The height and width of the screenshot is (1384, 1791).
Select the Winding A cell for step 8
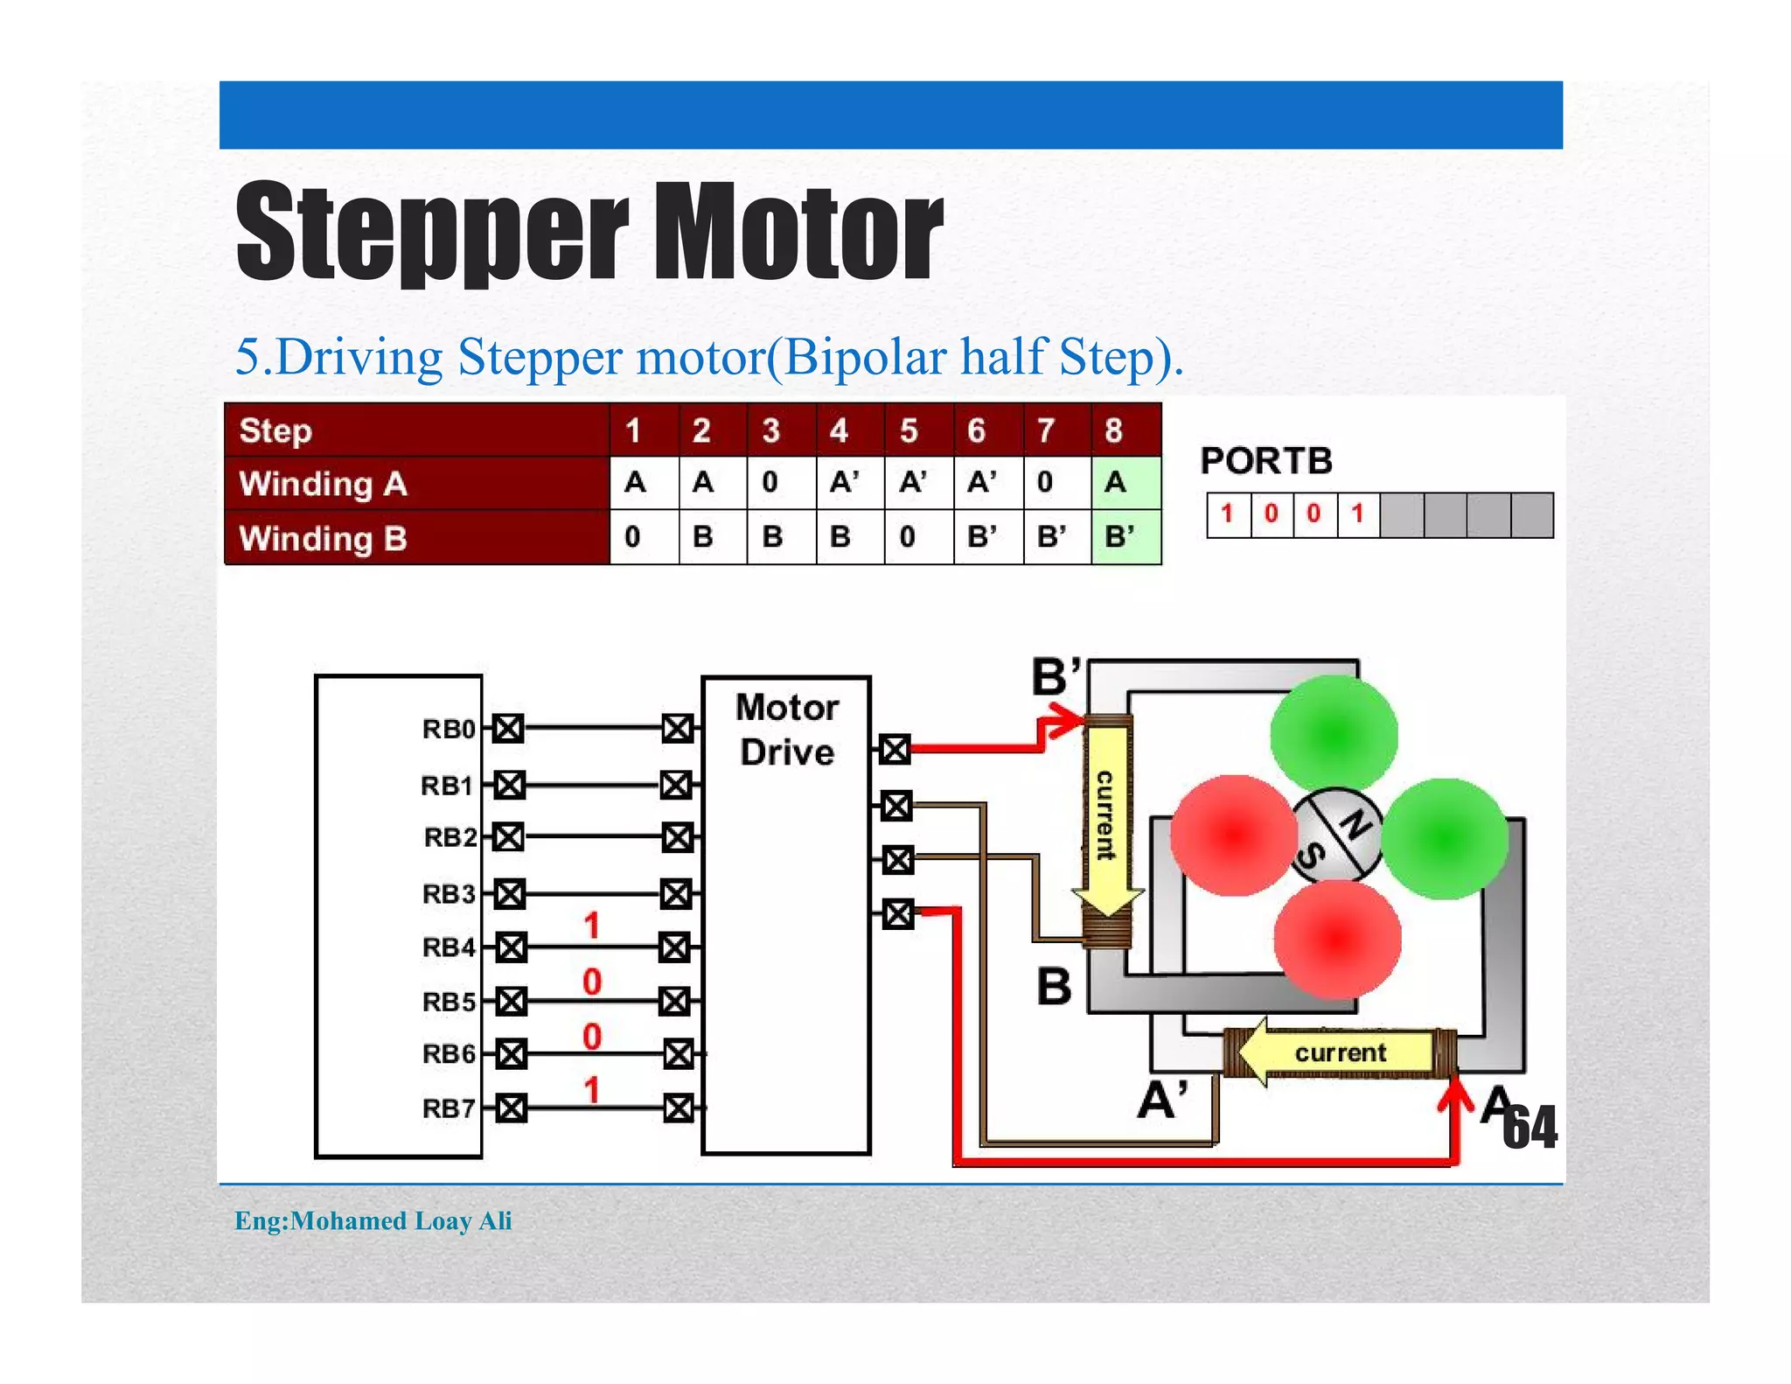1125,483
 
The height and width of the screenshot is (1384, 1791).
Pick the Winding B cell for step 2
712,536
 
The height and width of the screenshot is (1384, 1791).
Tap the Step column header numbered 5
917,430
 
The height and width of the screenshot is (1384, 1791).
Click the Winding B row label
323,537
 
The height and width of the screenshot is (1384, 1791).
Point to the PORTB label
1265,461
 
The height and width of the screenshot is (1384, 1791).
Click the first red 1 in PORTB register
1227,514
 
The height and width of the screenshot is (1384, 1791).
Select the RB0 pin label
448,729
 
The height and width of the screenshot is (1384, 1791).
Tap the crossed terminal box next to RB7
512,1108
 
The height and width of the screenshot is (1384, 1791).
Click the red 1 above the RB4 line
592,925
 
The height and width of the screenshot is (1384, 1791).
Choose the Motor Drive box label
786,730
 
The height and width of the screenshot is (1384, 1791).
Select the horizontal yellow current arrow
1338,1052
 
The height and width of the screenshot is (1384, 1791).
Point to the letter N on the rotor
1356,823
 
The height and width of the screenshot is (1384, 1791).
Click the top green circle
1334,735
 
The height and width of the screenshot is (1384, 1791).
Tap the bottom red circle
1337,940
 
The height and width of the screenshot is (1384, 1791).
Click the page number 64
1530,1128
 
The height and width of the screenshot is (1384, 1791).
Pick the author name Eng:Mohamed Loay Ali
373,1220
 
